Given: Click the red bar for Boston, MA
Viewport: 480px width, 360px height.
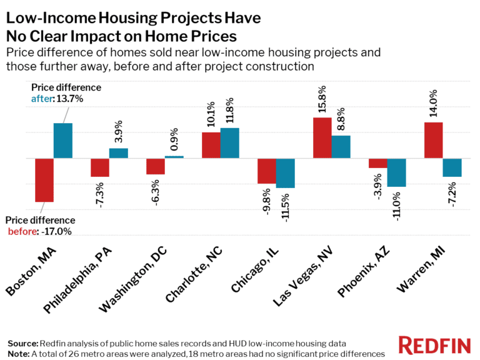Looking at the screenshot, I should point(44,180).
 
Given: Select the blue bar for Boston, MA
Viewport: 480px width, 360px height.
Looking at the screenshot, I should point(62,141).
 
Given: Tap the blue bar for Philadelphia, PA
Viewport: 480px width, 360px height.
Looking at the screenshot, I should point(118,153).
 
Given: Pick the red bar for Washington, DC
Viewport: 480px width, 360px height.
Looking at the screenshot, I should point(155,166).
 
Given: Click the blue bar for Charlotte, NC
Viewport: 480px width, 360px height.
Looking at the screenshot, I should point(229,143).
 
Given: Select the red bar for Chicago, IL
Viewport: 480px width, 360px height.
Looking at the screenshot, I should point(267,171).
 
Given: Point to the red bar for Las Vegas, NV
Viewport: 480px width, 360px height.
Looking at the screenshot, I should point(322,138).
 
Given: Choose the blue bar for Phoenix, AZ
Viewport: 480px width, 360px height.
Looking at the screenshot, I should point(396,172).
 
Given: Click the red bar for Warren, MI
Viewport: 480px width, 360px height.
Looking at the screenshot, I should point(433,140).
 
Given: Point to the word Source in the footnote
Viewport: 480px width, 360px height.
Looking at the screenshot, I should point(22,344).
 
